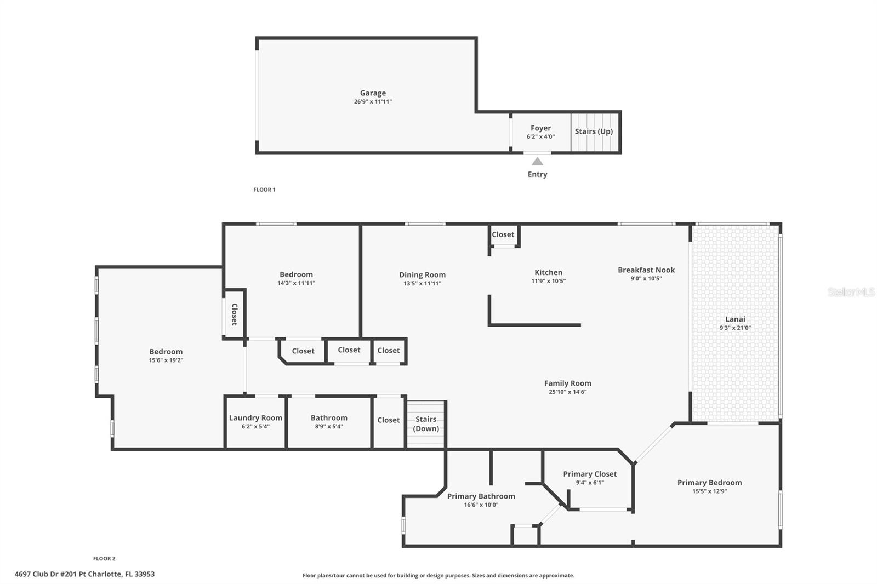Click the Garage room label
tap(373, 93)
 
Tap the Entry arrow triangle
tap(537, 161)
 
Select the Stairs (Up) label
tap(594, 131)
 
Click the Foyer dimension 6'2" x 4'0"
tap(540, 136)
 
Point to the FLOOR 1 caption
tap(264, 190)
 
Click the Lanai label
tap(735, 319)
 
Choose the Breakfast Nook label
tap(646, 270)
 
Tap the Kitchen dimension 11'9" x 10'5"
tap(548, 281)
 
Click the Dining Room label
tap(422, 275)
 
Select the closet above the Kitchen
tap(503, 234)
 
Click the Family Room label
tap(567, 383)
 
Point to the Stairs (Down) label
tap(426, 424)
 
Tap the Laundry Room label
tap(255, 417)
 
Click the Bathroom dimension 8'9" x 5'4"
tap(329, 426)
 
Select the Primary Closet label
tap(590, 474)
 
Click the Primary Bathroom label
tap(481, 496)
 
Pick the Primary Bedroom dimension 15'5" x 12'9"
tap(709, 491)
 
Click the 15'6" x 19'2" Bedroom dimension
tap(166, 360)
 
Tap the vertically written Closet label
tap(234, 314)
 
